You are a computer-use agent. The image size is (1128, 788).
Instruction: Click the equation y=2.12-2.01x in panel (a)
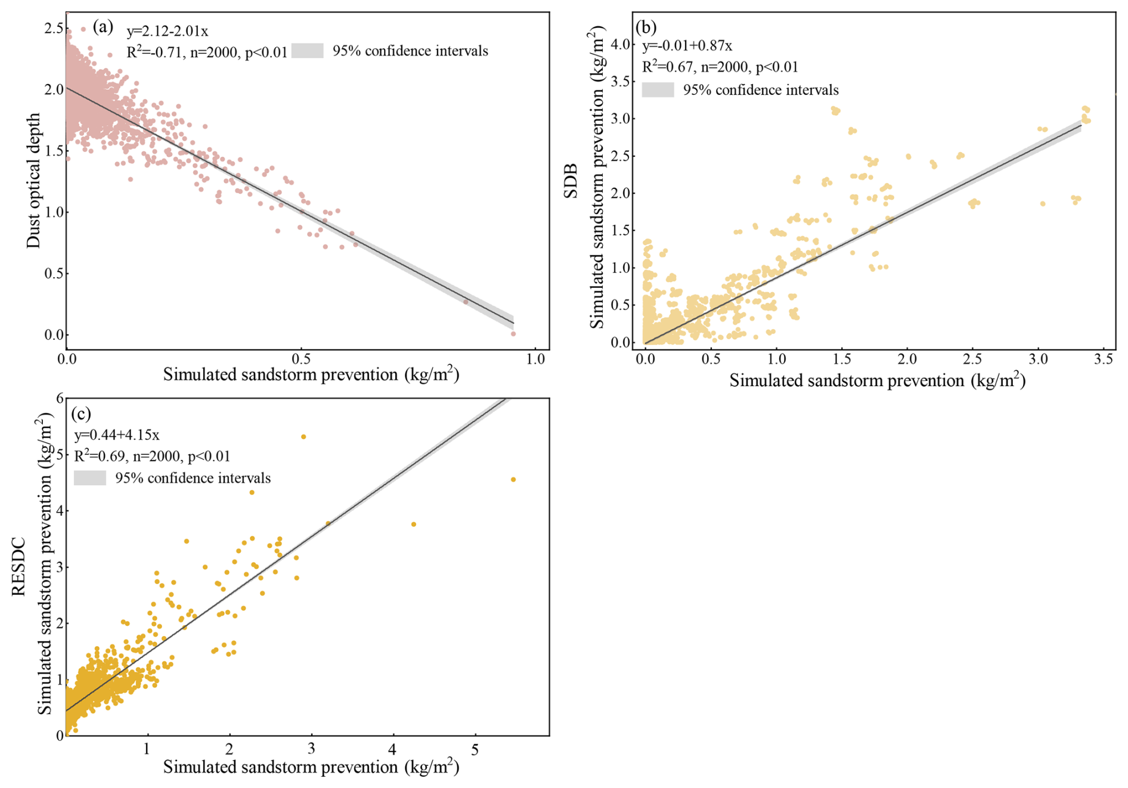tap(167, 31)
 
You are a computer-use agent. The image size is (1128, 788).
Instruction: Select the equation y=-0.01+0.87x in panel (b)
tap(687, 46)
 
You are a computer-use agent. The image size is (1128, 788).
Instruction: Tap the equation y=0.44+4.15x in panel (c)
tap(116, 435)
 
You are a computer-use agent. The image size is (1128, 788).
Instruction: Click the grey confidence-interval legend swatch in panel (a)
tap(308, 51)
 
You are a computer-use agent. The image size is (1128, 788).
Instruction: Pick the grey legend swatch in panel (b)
tap(658, 90)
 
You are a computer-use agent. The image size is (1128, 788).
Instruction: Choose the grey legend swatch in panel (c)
tap(90, 478)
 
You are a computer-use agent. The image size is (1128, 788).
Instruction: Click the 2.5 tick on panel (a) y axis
tap(54, 28)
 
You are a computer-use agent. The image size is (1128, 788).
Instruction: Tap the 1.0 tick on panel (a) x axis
tap(535, 359)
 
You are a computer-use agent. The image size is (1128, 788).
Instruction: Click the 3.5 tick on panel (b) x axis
tap(1104, 359)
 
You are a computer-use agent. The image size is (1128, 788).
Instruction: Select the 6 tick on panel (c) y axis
tap(59, 399)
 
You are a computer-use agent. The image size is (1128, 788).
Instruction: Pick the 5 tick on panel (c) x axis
tap(475, 749)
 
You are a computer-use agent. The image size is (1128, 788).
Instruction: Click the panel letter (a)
tap(103, 27)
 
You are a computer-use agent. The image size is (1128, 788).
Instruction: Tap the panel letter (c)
tap(81, 413)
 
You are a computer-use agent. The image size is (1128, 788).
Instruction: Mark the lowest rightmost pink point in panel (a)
tap(513, 334)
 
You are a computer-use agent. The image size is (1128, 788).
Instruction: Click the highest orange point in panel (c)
tap(303, 437)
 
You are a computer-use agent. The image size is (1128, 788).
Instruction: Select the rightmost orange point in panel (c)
tap(513, 480)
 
